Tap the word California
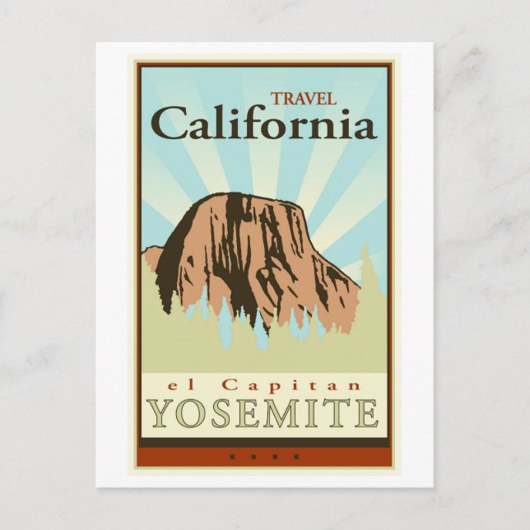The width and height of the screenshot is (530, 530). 263,125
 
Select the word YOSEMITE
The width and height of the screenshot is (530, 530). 264,413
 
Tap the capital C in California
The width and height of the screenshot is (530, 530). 169,124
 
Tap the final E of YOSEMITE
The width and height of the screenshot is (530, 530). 366,413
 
